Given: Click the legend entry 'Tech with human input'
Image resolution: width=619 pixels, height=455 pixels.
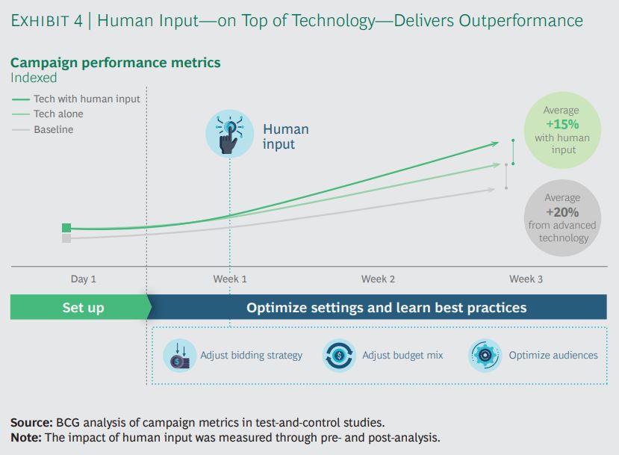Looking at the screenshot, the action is (76, 99).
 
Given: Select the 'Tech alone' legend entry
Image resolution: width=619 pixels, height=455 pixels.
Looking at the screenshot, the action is (48, 114).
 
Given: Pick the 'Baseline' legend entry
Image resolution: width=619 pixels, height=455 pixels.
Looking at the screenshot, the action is (43, 129).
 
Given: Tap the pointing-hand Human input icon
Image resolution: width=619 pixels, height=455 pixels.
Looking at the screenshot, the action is (229, 134).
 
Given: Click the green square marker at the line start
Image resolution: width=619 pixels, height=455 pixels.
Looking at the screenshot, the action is (66, 228).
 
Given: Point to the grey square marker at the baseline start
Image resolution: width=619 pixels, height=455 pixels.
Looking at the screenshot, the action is (66, 238).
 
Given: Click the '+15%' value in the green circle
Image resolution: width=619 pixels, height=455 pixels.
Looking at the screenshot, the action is (562, 125).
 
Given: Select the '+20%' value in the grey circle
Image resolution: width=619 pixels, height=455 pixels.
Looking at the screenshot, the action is (562, 212).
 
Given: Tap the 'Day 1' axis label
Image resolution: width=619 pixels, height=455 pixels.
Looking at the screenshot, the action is (84, 279).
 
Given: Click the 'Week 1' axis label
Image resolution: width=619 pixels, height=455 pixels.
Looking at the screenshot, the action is (230, 279).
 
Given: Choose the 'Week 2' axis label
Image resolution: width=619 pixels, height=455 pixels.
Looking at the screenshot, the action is (378, 279).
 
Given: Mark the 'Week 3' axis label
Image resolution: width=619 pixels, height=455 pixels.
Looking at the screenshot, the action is (526, 279).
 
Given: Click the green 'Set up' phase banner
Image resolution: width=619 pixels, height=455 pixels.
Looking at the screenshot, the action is (81, 307).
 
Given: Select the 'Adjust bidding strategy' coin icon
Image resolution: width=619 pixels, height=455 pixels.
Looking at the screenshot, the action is (180, 356).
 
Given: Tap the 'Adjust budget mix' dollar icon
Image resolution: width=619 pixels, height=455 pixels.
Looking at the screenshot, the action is (339, 356).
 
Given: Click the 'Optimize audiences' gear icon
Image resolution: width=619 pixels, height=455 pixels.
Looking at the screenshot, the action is (485, 356).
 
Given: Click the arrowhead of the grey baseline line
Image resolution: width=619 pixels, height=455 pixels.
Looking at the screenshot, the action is (492, 190).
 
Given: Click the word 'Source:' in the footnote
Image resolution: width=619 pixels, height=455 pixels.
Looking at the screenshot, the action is (31, 423).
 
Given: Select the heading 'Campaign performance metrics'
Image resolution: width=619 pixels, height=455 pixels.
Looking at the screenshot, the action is (115, 63).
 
